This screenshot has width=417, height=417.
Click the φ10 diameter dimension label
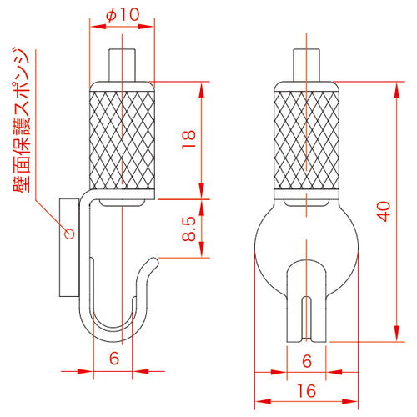[x=123, y=16]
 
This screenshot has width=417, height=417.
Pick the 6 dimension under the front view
[x=307, y=359]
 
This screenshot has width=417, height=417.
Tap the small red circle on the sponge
[x=70, y=233]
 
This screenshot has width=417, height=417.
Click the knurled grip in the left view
[x=122, y=139]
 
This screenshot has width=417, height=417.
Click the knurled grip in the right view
[x=307, y=139]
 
